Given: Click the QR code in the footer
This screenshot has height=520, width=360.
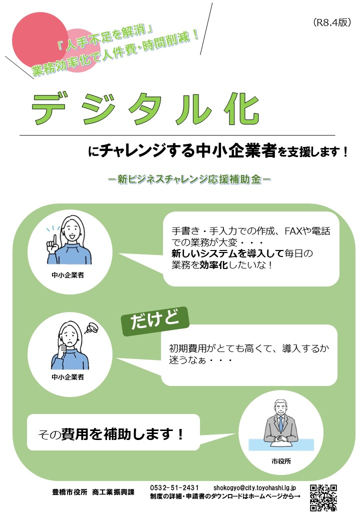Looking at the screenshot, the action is click(323, 497).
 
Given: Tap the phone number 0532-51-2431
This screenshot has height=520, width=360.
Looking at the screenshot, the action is click(174, 487).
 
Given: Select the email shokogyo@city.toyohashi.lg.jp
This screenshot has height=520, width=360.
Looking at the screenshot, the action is click(254, 487).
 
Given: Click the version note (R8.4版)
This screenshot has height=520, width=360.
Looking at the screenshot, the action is click(331, 22).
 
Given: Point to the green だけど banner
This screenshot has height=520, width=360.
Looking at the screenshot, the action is click(155, 321).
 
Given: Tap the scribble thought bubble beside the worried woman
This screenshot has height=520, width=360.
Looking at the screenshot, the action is click(91, 328).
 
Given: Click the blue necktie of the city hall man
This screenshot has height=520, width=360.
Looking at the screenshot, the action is click(281, 424).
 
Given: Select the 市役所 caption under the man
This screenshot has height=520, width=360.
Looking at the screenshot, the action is click(281, 461).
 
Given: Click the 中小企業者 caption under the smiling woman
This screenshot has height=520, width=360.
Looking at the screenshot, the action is click(67, 275).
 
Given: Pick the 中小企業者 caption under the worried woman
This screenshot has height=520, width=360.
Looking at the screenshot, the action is click(67, 376).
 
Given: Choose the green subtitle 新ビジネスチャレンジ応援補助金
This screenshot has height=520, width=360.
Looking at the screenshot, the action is click(189, 179).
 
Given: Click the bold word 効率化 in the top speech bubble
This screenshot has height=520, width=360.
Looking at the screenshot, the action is click(213, 264).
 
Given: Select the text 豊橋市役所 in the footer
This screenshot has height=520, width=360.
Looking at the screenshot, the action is click(69, 492).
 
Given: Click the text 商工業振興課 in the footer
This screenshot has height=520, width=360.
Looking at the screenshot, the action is click(113, 492).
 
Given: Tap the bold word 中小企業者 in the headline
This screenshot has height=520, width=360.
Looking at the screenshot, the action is click(236, 150).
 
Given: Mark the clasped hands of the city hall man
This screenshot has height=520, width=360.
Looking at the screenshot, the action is click(281, 438).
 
